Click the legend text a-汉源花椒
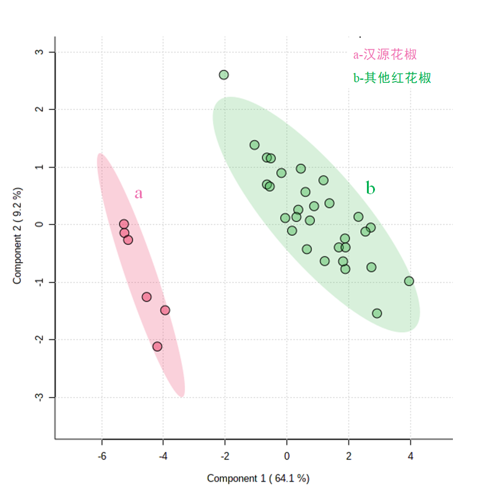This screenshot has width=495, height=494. tap(385, 54)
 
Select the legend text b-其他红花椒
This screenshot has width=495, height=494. tap(392, 78)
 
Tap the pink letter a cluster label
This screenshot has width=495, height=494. tap(139, 194)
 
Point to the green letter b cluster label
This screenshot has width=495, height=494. tap(370, 188)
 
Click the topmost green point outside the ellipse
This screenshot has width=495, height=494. tap(224, 75)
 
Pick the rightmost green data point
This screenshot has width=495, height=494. tap(409, 281)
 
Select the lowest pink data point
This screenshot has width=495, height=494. tap(157, 346)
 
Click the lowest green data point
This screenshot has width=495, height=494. tap(377, 313)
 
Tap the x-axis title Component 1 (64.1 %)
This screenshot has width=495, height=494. tap(258, 478)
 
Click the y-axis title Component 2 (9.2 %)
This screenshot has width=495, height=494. tap(18, 236)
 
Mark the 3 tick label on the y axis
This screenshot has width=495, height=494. tap(38, 52)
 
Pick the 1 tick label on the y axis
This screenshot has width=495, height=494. tap(38, 167)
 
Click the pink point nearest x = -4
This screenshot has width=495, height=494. tap(165, 310)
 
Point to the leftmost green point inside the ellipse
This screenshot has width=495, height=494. tap(254, 145)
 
